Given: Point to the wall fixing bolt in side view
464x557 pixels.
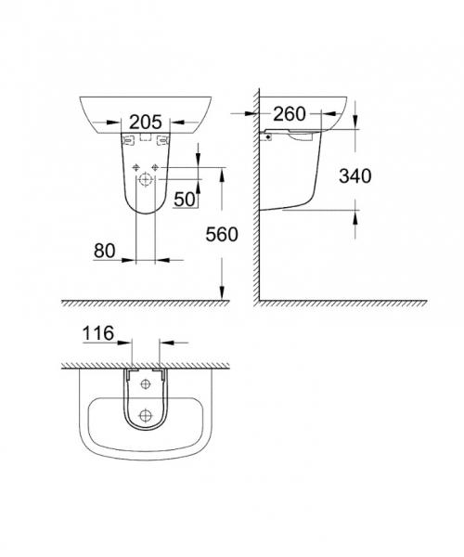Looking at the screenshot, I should point(268,135).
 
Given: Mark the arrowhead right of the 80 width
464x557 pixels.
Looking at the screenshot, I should point(168,259).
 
